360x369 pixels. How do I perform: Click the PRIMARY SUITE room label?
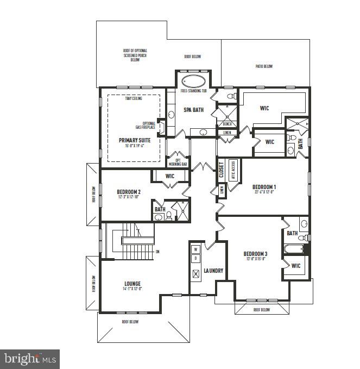tap(135, 140)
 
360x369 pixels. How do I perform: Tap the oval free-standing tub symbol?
tap(193, 82)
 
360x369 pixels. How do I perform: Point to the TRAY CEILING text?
tap(133, 99)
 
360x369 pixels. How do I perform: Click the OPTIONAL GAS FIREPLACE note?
tap(148, 126)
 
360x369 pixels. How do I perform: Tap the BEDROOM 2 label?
tap(129, 192)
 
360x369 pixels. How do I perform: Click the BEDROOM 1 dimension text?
tap(264, 191)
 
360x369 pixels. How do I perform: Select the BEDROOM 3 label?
tap(255, 254)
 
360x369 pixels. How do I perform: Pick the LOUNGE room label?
tap(132, 284)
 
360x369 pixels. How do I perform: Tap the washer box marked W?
tap(196, 249)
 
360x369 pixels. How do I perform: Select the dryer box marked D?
tap(196, 258)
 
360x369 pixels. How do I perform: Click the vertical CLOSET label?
tap(221, 170)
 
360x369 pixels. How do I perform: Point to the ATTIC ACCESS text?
tap(233, 170)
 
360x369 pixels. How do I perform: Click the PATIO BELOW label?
tap(264, 66)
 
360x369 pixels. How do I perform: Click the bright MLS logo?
tap(30, 359)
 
